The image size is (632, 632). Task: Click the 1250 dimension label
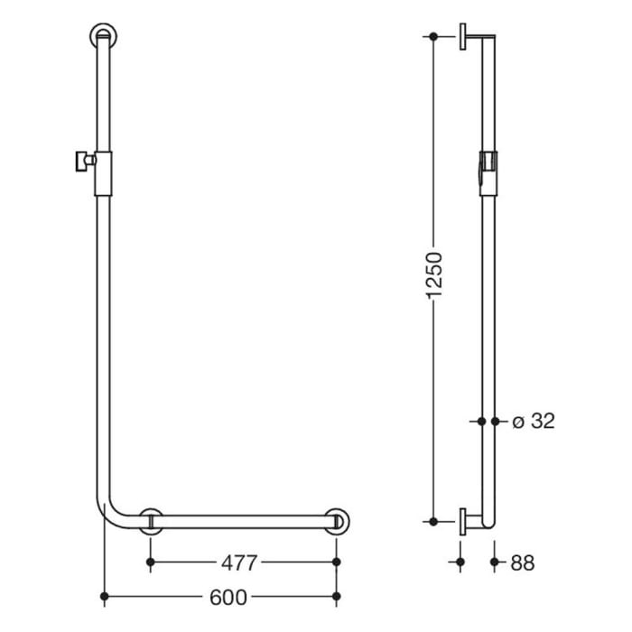tap(434, 276)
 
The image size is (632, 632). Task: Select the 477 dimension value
tap(240, 562)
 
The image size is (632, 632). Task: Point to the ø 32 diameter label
tap(533, 421)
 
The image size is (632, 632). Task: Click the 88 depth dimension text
tap(523, 562)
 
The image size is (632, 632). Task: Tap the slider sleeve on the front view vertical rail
tap(102, 172)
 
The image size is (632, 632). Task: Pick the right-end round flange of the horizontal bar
tap(338, 522)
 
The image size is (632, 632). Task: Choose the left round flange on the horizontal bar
tap(151, 522)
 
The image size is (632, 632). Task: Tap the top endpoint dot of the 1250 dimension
tap(434, 37)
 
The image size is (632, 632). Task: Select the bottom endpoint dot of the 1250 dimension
tap(434, 522)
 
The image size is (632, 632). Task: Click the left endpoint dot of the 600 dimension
tap(106, 597)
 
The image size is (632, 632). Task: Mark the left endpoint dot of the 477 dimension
tap(151, 562)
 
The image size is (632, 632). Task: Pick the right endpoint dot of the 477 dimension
tap(337, 562)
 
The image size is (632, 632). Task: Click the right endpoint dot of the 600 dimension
tap(337, 597)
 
